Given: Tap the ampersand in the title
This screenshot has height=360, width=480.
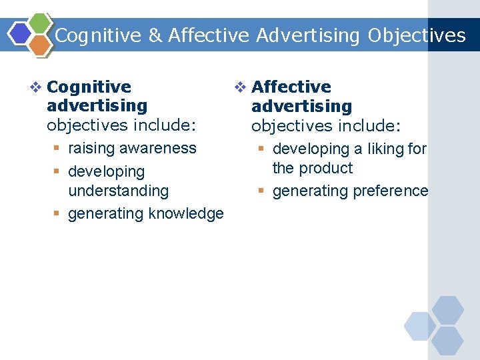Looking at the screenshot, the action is pos(155,35).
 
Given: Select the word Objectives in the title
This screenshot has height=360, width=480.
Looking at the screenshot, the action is pos(417,35).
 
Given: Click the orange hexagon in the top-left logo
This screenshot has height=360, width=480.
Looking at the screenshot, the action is pos(40,45).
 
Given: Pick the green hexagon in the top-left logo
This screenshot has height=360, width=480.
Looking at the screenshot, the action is pos(41,23).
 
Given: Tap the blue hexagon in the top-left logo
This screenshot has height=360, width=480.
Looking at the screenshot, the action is pos(20,33).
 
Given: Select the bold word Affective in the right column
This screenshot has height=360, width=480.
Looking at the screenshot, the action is pos(291,87).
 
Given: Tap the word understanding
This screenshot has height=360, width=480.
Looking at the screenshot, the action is pos(119,191).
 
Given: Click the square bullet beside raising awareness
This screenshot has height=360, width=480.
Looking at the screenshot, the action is pos(58,149).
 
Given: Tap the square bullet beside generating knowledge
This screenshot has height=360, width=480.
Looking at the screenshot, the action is pos(58,214).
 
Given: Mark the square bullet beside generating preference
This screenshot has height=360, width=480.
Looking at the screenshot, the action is pos(263,191).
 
